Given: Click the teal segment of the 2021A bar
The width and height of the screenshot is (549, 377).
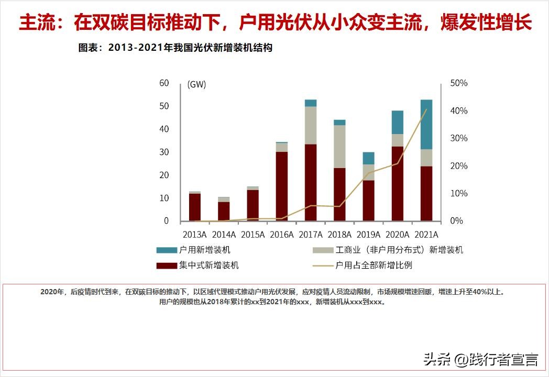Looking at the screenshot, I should pyautogui.click(x=426, y=125).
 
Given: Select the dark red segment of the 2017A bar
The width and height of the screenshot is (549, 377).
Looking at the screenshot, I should pyautogui.click(x=311, y=182).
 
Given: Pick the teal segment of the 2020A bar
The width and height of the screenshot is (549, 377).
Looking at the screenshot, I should pyautogui.click(x=398, y=122).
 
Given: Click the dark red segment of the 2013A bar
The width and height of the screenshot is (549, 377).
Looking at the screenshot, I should pyautogui.click(x=195, y=207).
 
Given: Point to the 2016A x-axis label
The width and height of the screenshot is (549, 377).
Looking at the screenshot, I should pyautogui.click(x=281, y=235).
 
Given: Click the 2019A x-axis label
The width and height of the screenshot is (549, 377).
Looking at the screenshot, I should pyautogui.click(x=368, y=235).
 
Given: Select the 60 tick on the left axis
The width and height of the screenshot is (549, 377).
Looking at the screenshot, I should pyautogui.click(x=164, y=83).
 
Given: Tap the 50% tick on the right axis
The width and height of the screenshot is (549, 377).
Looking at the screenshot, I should pyautogui.click(x=459, y=83).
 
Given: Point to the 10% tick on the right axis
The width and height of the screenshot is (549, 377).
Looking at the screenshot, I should pyautogui.click(x=459, y=194).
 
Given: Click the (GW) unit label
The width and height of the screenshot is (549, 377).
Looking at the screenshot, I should pyautogui.click(x=196, y=84).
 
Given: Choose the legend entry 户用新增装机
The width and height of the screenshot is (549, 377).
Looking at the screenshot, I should pyautogui.click(x=204, y=250).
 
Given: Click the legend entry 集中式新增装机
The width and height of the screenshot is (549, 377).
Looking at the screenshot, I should pyautogui.click(x=208, y=265).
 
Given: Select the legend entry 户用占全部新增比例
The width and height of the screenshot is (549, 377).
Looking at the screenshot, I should pyautogui.click(x=374, y=265).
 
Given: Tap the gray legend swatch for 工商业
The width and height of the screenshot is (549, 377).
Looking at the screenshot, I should pyautogui.click(x=323, y=251).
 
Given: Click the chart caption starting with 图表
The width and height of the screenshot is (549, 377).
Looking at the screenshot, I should pyautogui.click(x=175, y=48).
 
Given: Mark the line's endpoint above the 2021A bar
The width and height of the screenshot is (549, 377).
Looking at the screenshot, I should pyautogui.click(x=426, y=109).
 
